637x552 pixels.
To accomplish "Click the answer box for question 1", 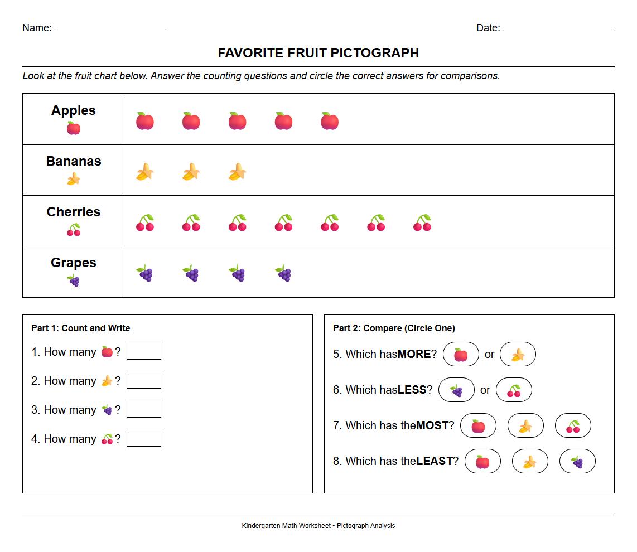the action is pos(144,351).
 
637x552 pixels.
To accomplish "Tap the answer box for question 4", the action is pos(144,438).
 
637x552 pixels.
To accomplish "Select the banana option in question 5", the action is pos(518,354).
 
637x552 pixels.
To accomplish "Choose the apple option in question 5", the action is pos(461,354).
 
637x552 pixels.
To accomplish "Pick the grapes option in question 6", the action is pos(456,390).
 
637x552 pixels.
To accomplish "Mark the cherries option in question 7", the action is pos(573,425).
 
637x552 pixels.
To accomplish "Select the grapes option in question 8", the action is pos(577,461).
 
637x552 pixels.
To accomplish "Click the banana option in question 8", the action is pos(530,461).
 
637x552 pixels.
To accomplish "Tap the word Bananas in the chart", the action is pos(74,161).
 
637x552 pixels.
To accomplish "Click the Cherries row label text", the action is pos(74,212).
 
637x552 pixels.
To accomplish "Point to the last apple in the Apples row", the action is pos(330,121).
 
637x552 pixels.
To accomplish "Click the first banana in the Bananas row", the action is pos(145,172).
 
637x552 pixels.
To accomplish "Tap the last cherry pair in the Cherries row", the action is pos(422,222).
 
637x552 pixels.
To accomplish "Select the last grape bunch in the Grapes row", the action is pos(283,273).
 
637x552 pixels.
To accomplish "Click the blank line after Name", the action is pos(110,29).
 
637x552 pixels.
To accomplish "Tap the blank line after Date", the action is pos(558,29).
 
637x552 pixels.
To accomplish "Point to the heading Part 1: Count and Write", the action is pos(80,328).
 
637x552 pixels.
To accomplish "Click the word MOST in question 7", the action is pos(432,425).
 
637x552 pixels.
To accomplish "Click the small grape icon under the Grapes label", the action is pos(74,280).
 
